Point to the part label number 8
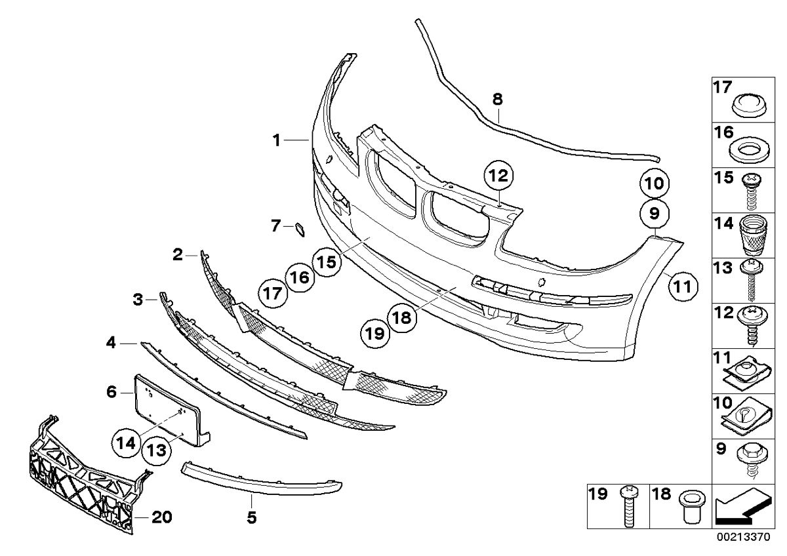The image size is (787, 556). (x=497, y=100)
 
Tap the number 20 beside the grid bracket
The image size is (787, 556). (x=162, y=517)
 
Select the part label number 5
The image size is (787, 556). (x=251, y=518)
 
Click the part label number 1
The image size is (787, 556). (x=277, y=140)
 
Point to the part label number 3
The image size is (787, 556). (x=138, y=300)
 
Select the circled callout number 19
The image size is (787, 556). (x=374, y=334)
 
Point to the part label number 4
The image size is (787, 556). (x=111, y=342)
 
